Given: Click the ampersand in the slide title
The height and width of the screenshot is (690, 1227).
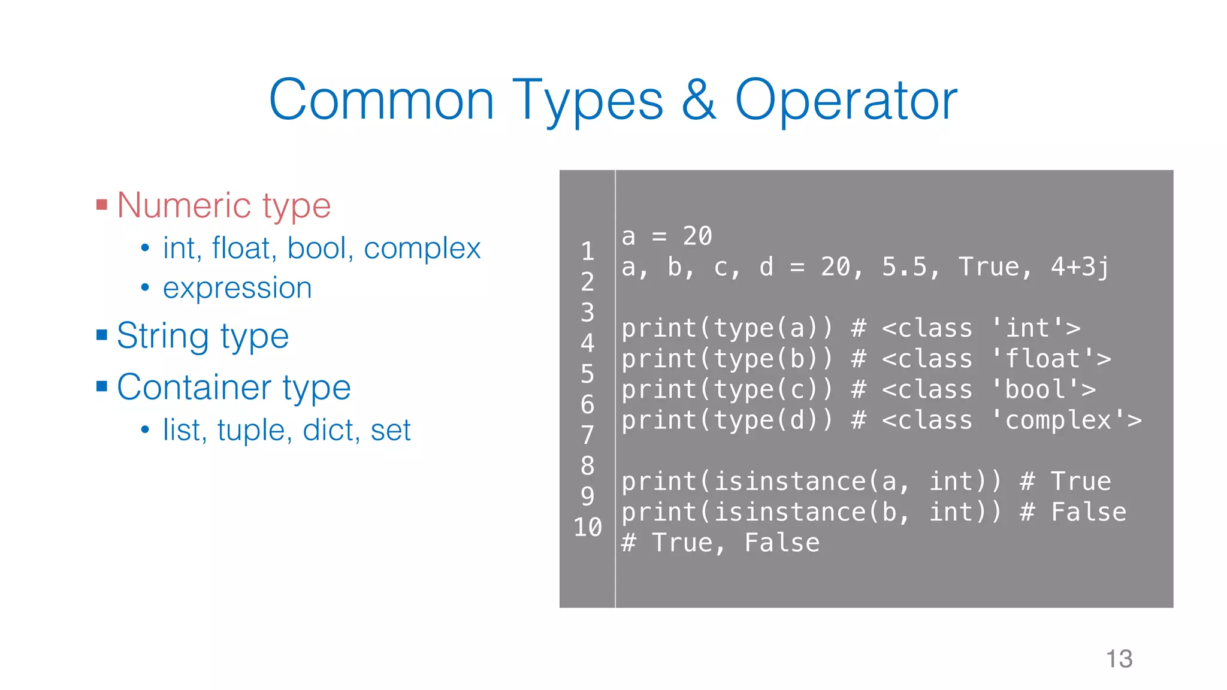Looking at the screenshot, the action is tap(699, 100).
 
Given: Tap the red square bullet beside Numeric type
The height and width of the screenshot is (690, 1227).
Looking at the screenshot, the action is tap(102, 205).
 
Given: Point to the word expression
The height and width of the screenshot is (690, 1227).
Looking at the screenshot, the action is tap(237, 288).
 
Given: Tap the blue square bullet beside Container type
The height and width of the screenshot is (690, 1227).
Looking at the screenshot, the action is tap(102, 386).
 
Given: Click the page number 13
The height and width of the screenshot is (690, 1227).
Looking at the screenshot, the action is tap(1119, 659).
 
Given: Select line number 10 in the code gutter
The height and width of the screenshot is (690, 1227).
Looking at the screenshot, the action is tap(587, 527).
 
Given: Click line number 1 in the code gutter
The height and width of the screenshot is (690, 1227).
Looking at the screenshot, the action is tap(587, 251).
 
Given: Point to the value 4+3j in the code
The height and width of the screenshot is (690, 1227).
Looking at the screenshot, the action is tap(1080, 267).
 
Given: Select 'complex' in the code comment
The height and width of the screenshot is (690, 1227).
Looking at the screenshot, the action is tap(1058, 420).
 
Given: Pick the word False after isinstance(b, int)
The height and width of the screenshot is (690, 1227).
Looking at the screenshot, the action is tap(1088, 512).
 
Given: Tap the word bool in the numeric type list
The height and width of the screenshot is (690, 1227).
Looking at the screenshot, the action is tap(317, 249).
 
